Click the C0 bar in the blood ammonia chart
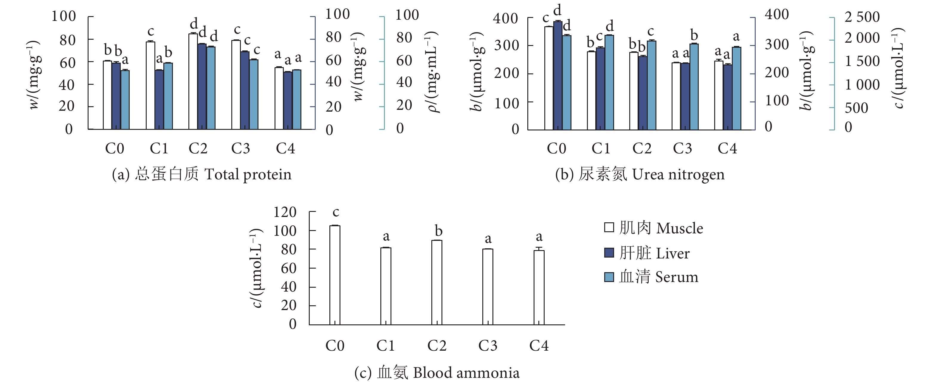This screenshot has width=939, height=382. [x=335, y=275]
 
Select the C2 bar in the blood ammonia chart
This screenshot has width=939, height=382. [x=437, y=282]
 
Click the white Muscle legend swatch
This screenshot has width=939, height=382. [x=609, y=228]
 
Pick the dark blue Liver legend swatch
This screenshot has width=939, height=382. [x=609, y=252]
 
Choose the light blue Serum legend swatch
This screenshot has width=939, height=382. [x=609, y=277]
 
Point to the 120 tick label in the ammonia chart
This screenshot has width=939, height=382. [x=285, y=212]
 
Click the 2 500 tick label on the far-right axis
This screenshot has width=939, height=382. [x=862, y=17]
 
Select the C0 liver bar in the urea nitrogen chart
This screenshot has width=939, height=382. [x=558, y=76]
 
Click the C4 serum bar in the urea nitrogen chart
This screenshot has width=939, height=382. [x=736, y=88]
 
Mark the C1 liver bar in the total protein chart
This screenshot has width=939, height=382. [x=159, y=99]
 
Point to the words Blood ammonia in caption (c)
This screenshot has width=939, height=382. [x=466, y=373]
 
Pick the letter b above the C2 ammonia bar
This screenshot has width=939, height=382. [x=438, y=231]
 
